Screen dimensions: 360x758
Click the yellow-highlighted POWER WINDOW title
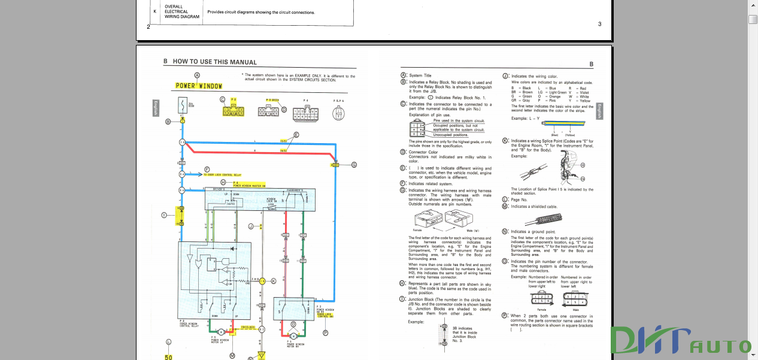click(198, 86)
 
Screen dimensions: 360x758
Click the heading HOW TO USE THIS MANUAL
click(214, 62)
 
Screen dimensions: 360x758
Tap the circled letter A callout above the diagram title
click(197, 75)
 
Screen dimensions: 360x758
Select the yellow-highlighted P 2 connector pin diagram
click(233, 110)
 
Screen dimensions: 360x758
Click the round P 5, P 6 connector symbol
click(339, 113)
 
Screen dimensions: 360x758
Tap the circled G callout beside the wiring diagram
click(354, 164)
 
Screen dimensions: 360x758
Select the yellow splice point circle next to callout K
click(262, 280)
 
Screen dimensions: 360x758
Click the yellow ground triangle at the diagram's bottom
click(261, 355)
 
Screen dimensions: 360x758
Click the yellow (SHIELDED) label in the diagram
click(248, 327)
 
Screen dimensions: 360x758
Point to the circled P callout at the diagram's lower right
click(325, 332)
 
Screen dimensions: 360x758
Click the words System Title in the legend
click(420, 76)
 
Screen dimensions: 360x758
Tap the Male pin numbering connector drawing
click(575, 298)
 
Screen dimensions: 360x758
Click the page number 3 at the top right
click(600, 24)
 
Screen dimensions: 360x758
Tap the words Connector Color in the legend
click(423, 152)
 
